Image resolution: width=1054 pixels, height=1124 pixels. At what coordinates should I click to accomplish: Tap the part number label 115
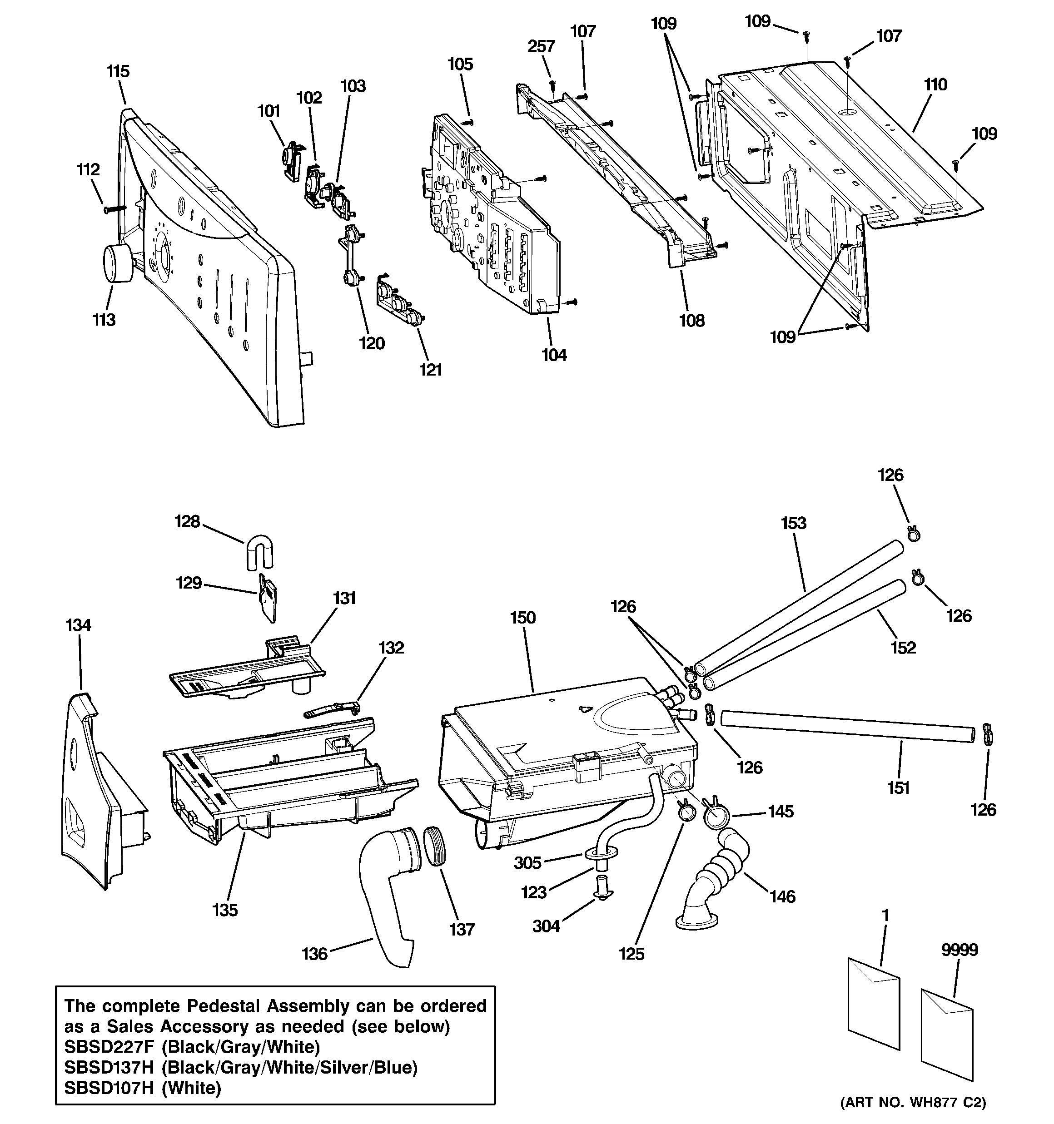(118, 72)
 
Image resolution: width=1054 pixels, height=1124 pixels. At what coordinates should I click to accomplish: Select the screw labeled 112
(114, 209)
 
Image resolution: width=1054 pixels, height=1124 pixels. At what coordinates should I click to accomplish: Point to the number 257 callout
(541, 46)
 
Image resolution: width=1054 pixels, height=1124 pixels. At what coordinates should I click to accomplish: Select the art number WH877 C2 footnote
(913, 1102)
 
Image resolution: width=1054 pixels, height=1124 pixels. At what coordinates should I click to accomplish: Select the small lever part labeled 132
(333, 709)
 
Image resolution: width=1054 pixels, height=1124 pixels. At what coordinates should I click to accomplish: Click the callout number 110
(935, 85)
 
